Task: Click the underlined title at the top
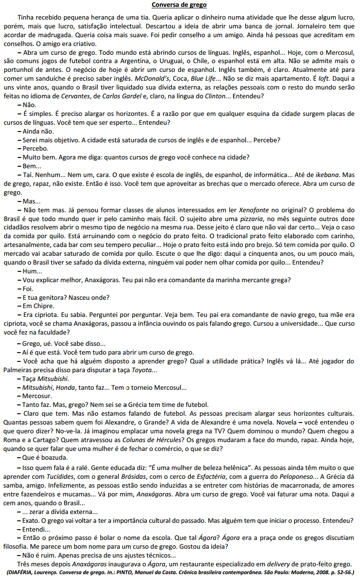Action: click(179, 5)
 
